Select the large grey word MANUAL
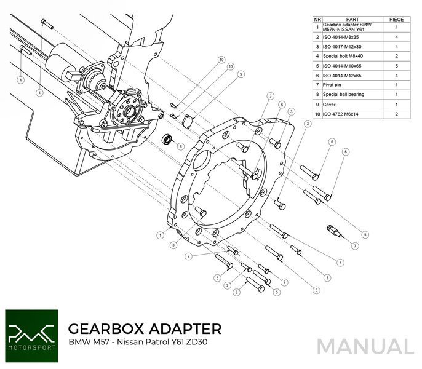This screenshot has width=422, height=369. coord(365,347)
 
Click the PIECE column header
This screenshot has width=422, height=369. coord(396,19)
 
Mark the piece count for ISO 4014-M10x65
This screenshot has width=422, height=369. coord(396,65)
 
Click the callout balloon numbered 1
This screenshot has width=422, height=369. coord(160,234)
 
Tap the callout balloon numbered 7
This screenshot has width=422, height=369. coord(356,245)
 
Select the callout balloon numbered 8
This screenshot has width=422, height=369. coord(180,146)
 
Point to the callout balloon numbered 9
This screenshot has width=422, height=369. coord(241,74)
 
